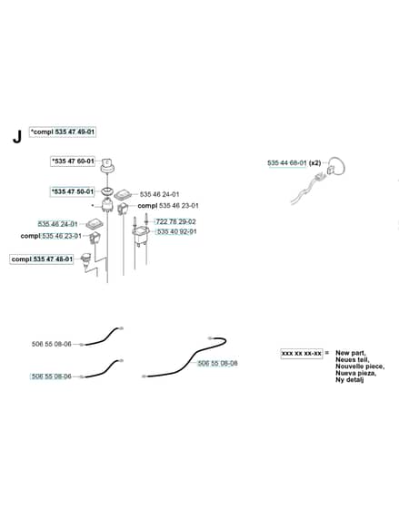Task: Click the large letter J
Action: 17,136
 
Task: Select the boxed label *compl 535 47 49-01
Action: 63,132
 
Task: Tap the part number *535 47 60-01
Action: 73,161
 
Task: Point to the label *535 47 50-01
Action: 73,191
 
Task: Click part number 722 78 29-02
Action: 176,221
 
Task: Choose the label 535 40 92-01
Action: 177,231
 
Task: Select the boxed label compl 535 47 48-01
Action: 42,259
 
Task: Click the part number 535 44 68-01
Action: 287,163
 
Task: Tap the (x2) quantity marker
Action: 314,163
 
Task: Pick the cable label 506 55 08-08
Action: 217,363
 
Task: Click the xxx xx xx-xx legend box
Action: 302,353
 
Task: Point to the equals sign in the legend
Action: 327,353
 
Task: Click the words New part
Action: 351,353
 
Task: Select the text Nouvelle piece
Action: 360,366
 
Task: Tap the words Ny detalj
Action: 349,380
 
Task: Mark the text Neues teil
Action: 353,359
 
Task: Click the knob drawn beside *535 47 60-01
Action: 107,166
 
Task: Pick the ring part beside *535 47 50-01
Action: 107,190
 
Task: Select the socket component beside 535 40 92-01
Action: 140,236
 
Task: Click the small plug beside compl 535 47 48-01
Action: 86,259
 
